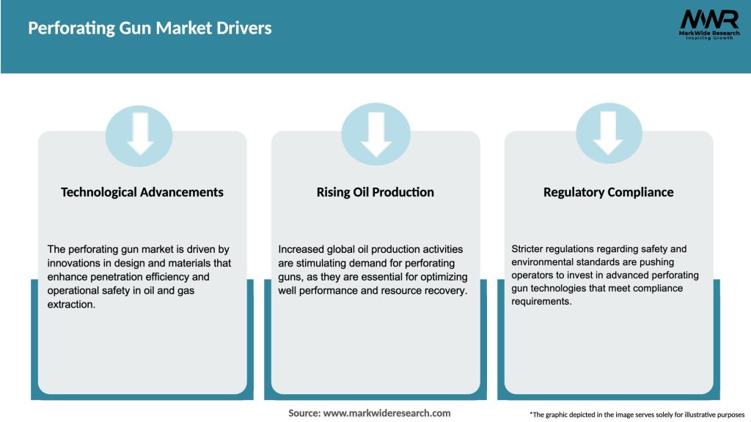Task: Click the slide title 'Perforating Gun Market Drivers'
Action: pos(150,29)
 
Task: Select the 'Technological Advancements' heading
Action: pos(142,192)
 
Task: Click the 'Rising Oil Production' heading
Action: pos(375,192)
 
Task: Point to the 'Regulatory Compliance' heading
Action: pos(608,192)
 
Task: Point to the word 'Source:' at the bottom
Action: pos(304,413)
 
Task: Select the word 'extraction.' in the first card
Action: pos(72,303)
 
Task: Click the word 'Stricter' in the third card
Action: pos(530,250)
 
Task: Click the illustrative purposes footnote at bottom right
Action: pos(637,415)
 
